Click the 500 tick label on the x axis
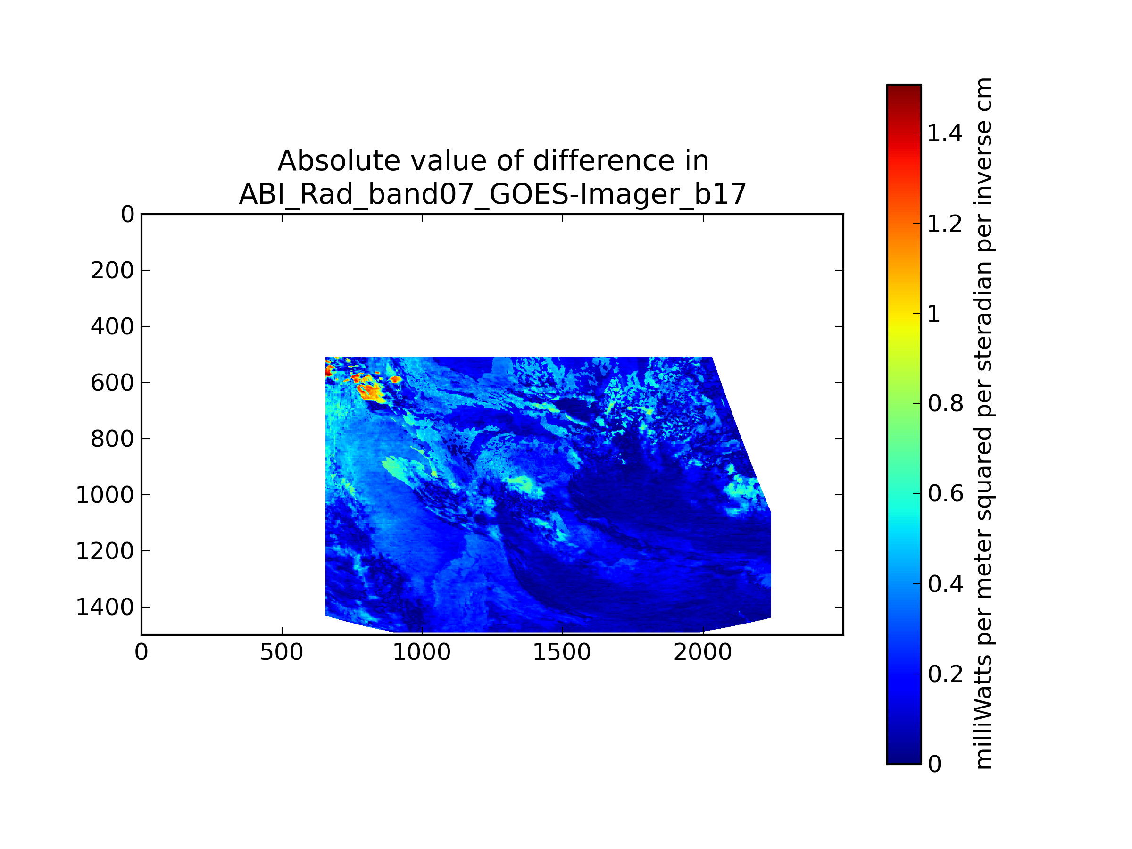[x=282, y=652]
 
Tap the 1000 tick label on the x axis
[x=422, y=652]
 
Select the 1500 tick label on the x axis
[x=562, y=652]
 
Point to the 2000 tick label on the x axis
[x=703, y=652]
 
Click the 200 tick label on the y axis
[x=113, y=270]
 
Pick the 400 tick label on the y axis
[x=113, y=326]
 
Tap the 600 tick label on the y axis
[x=113, y=383]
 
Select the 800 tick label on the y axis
[x=113, y=439]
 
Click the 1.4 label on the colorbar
[x=945, y=133]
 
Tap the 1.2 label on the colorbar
[x=945, y=224]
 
